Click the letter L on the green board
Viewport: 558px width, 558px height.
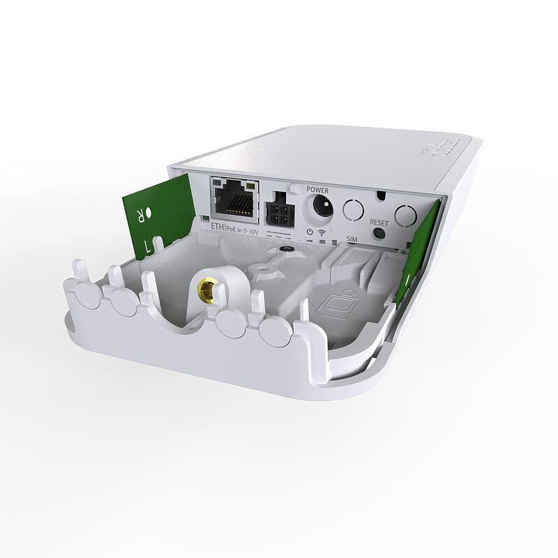(147, 245)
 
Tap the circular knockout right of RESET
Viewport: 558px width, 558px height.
(405, 214)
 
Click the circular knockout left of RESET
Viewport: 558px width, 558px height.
(354, 209)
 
